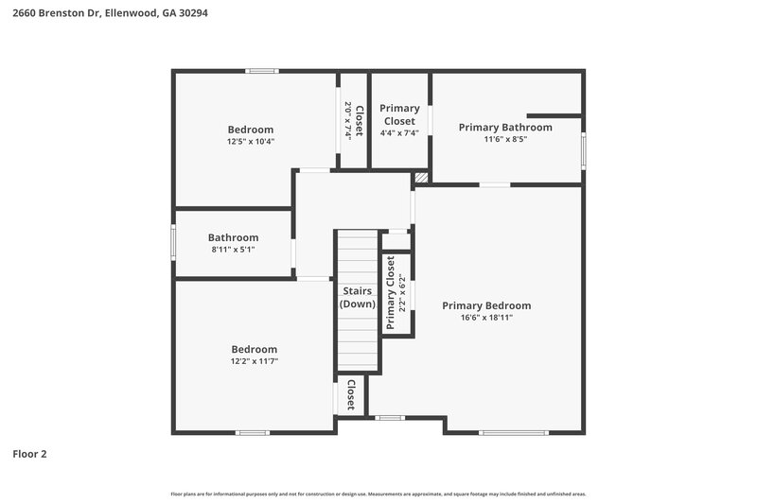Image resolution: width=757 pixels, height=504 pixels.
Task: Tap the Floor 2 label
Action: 29,454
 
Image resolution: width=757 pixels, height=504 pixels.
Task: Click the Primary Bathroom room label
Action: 505,127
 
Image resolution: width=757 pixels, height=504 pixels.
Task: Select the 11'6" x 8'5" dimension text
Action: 505,139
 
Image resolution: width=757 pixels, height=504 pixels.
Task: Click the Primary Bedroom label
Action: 486,305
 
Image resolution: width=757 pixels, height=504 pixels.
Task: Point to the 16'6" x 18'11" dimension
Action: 486,318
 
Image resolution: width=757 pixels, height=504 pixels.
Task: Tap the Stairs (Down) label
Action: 358,298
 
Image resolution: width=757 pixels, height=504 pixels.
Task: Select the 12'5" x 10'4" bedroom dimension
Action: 251,142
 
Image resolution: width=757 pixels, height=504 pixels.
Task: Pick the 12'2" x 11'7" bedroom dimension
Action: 255,361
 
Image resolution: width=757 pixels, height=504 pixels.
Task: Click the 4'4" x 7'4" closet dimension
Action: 399,133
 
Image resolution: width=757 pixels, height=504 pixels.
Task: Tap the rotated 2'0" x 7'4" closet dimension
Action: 348,120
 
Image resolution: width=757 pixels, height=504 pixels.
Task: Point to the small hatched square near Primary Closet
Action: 421,177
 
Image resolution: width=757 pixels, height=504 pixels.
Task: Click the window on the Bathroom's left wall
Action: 173,242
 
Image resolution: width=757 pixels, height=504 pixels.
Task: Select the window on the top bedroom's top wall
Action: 262,71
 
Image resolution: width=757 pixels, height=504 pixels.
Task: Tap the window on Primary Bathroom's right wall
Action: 584,151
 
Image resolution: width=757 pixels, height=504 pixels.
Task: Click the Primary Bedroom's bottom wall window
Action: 513,432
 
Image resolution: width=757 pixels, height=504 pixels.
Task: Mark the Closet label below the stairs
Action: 350,395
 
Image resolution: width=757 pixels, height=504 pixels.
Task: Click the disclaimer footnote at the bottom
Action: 378,495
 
